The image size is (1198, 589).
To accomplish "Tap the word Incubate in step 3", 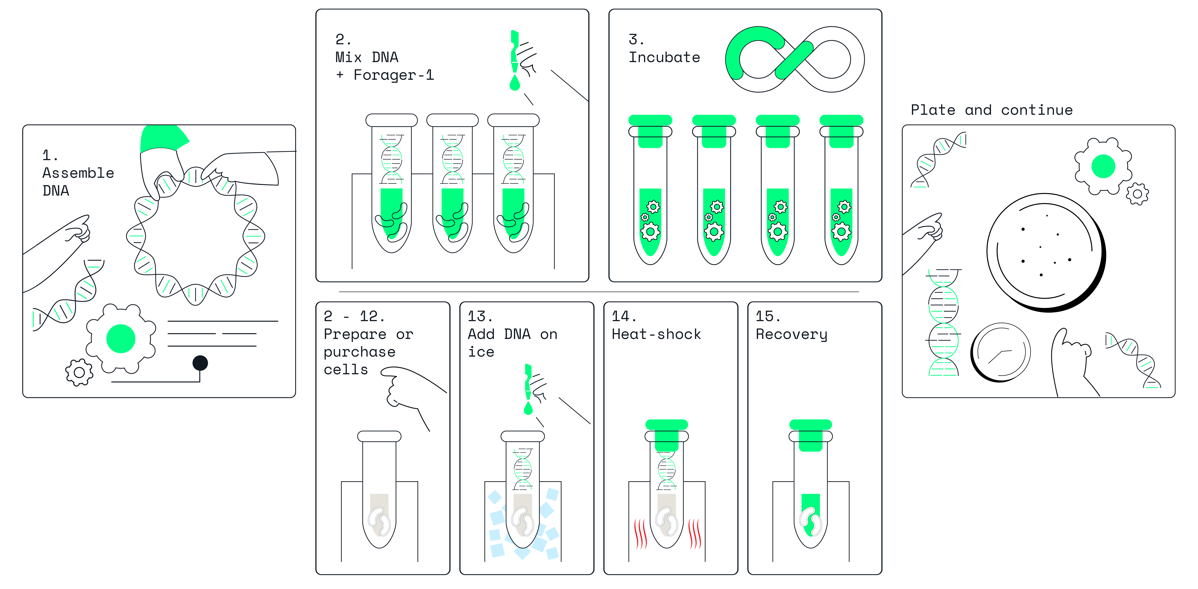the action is pos(664,57).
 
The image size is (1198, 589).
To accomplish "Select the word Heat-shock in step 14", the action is pos(656,334).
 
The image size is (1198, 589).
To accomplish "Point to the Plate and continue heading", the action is pos(992,110).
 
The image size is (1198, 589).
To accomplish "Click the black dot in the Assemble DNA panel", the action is pos(200,363).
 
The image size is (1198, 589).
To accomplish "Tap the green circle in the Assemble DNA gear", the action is pos(121,338).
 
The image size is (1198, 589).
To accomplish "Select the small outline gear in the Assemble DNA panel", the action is pos(79,372).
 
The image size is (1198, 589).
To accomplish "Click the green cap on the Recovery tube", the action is pos(811,435).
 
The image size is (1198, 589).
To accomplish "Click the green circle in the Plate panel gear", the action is pos(1103,166).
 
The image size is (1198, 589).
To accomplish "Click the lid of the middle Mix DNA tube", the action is pos(452,120).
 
